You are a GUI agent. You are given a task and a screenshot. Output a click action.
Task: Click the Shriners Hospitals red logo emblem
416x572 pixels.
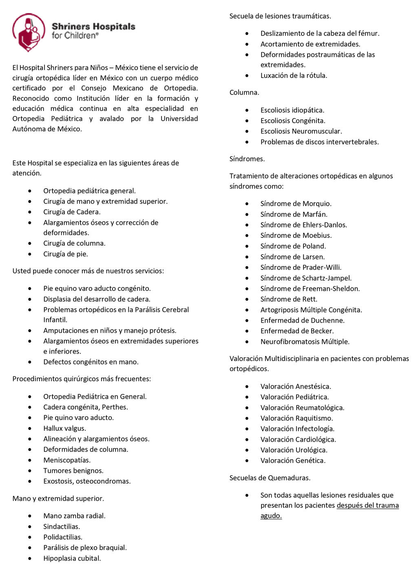click(29, 32)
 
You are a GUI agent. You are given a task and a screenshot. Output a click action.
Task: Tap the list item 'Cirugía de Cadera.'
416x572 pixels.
click(72, 212)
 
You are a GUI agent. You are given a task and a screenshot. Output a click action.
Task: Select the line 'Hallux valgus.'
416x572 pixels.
click(64, 428)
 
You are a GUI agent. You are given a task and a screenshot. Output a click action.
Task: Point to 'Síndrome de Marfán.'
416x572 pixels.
click(294, 214)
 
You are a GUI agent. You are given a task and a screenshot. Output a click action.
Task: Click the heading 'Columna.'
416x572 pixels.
click(244, 92)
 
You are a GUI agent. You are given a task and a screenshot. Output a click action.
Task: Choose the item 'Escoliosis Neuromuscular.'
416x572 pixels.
click(301, 131)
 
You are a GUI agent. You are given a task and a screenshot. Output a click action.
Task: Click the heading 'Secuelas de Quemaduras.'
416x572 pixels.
click(270, 478)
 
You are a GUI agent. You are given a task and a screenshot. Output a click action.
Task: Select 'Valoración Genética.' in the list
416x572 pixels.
click(293, 461)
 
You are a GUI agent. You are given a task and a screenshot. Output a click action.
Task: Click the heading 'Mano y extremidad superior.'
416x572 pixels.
click(58, 499)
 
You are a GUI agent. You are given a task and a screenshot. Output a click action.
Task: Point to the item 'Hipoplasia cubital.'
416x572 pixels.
click(72, 559)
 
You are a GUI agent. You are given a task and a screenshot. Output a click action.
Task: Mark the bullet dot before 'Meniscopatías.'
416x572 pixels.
click(30, 460)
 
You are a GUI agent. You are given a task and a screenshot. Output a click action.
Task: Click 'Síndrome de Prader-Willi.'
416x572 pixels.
click(301, 267)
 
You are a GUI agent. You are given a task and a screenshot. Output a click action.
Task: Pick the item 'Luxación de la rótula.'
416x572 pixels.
click(294, 75)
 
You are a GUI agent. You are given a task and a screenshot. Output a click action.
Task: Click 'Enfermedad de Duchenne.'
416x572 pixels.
click(302, 320)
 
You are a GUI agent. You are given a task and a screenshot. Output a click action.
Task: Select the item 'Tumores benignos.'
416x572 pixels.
click(73, 471)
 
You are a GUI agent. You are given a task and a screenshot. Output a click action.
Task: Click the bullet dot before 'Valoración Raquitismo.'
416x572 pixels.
click(247, 418)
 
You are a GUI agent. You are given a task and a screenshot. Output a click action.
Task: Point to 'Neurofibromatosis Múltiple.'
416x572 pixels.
click(305, 341)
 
